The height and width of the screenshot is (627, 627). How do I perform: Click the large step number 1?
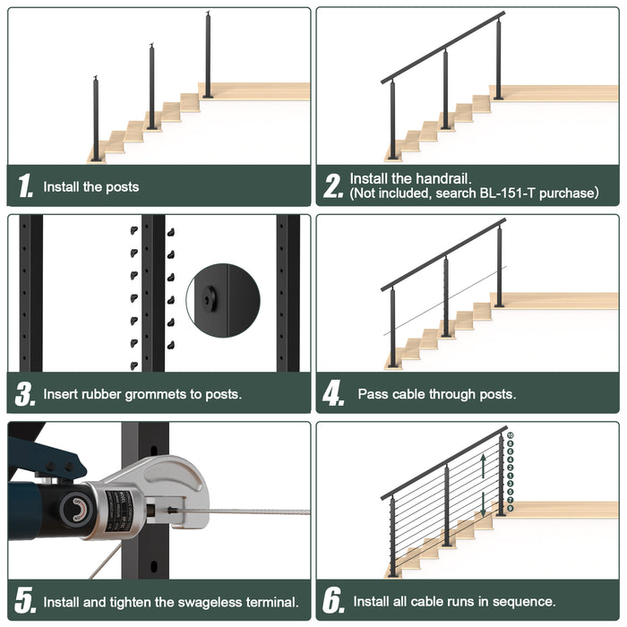(x=26, y=187)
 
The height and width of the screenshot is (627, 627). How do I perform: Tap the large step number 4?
(x=334, y=393)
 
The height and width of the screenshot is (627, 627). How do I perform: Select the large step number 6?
(x=334, y=601)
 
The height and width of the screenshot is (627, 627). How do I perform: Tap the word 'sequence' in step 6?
(x=523, y=601)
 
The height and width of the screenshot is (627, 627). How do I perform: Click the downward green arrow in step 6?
(x=484, y=502)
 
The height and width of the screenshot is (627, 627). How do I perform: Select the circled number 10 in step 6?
(x=510, y=435)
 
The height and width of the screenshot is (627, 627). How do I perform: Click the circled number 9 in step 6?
(x=510, y=509)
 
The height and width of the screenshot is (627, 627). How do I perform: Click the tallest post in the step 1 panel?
(x=208, y=56)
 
